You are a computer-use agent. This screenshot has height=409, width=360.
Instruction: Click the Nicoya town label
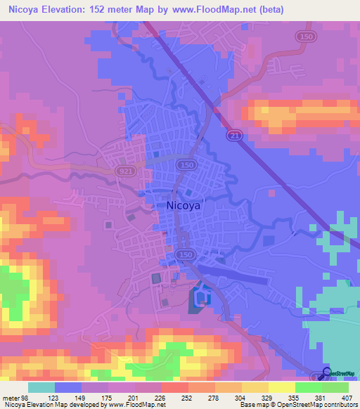click(184, 206)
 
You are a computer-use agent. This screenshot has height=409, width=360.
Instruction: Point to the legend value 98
click(29, 397)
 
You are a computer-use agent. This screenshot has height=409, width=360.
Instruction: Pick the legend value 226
click(161, 397)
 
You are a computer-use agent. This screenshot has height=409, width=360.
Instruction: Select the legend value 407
click(348, 397)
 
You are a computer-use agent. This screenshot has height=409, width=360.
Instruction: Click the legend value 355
click(295, 397)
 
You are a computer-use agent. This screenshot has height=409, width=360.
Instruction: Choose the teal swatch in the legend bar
click(41, 387)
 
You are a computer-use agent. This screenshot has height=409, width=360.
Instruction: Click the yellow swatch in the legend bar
click(281, 387)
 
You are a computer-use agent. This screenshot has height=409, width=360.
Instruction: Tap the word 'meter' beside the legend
click(11, 397)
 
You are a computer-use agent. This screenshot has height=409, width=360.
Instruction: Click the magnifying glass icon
click(326, 374)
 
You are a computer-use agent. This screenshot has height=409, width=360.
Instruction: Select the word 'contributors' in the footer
click(342, 405)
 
